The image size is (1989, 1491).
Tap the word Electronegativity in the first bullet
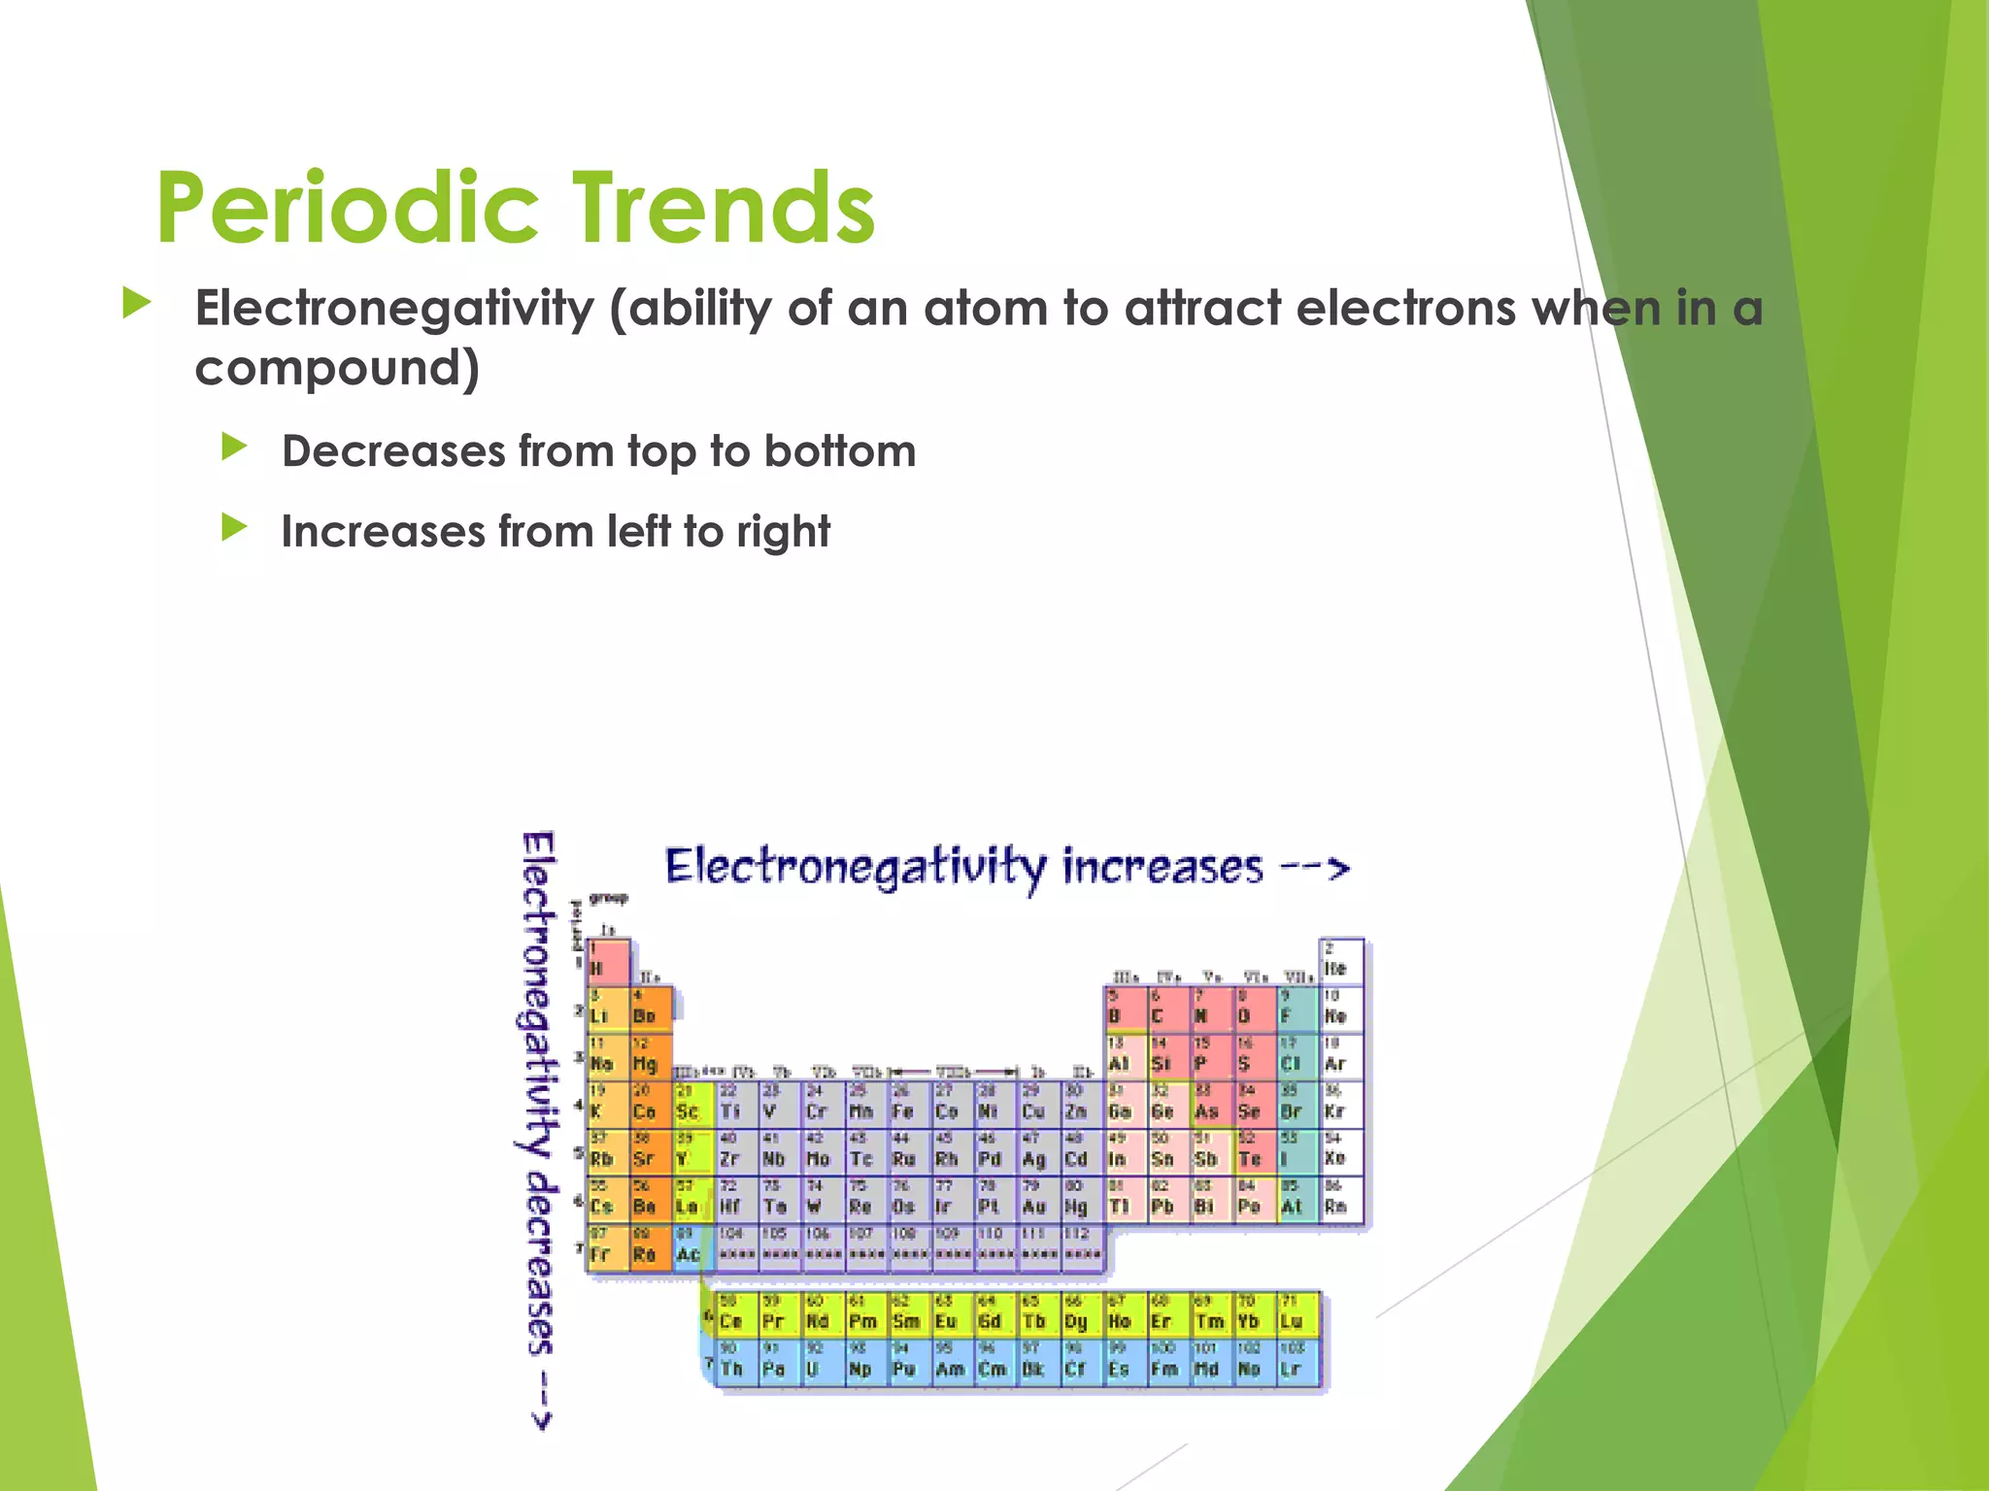coord(394,309)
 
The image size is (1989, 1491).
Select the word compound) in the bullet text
coord(337,368)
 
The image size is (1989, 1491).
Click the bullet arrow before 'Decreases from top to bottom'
coord(234,447)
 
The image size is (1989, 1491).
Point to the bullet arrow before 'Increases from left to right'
coord(234,528)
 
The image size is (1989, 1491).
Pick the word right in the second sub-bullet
coord(783,532)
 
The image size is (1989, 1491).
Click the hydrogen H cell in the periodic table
coord(607,961)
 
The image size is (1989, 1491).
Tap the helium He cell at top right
coord(1340,961)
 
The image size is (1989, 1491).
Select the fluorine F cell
coord(1296,1010)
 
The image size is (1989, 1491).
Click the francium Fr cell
coord(607,1247)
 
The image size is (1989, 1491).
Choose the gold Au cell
coord(1035,1200)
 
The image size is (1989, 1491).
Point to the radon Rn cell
coord(1340,1200)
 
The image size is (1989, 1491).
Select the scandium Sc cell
coord(692,1105)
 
